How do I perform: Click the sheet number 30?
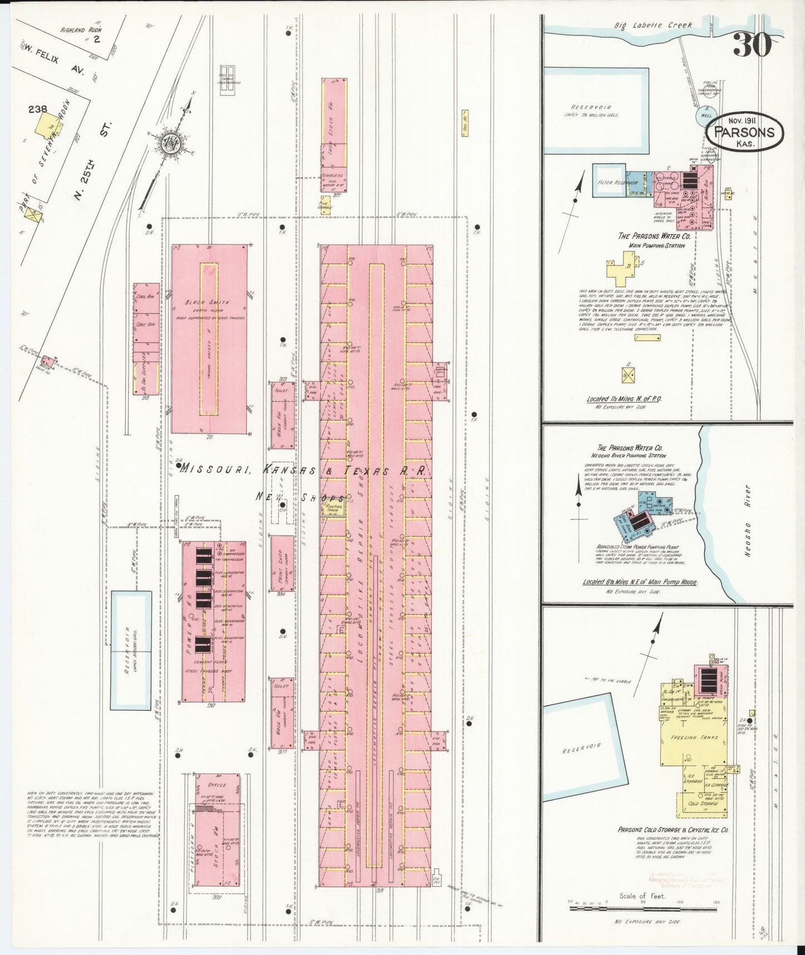(x=752, y=45)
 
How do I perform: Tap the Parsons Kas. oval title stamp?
(x=744, y=133)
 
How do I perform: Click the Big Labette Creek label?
(x=653, y=25)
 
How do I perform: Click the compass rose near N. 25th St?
(x=170, y=144)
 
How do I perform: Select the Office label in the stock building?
(x=217, y=785)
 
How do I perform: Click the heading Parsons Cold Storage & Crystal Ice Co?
(x=673, y=830)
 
